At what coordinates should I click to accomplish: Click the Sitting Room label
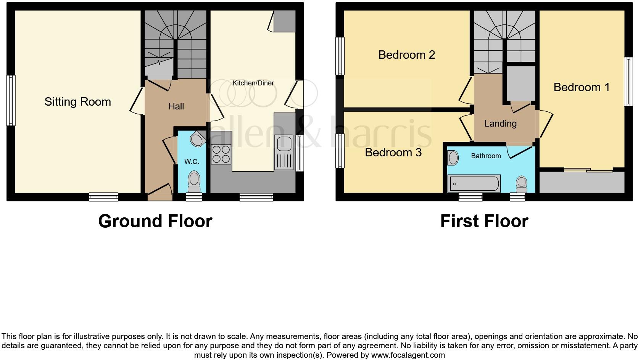(x=77, y=102)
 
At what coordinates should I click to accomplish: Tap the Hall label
(x=176, y=106)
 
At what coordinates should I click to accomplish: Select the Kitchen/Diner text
(x=253, y=83)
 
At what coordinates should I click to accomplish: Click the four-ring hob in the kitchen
(x=221, y=154)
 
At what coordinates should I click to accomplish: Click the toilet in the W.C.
(x=194, y=181)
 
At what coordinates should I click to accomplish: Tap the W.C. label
(x=192, y=162)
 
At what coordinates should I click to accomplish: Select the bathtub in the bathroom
(x=474, y=184)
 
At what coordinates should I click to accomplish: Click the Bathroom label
(x=485, y=156)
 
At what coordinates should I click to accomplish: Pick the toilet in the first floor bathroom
(x=521, y=184)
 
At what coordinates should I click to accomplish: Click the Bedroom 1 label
(x=581, y=87)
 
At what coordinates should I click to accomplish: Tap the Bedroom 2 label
(x=406, y=55)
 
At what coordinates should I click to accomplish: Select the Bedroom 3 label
(x=393, y=153)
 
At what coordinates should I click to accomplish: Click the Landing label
(x=500, y=124)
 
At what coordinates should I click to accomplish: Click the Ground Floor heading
(x=155, y=221)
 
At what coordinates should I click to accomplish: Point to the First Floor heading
(x=484, y=221)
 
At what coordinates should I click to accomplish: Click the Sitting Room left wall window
(x=11, y=100)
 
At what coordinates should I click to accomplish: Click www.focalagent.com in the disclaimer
(x=408, y=355)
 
